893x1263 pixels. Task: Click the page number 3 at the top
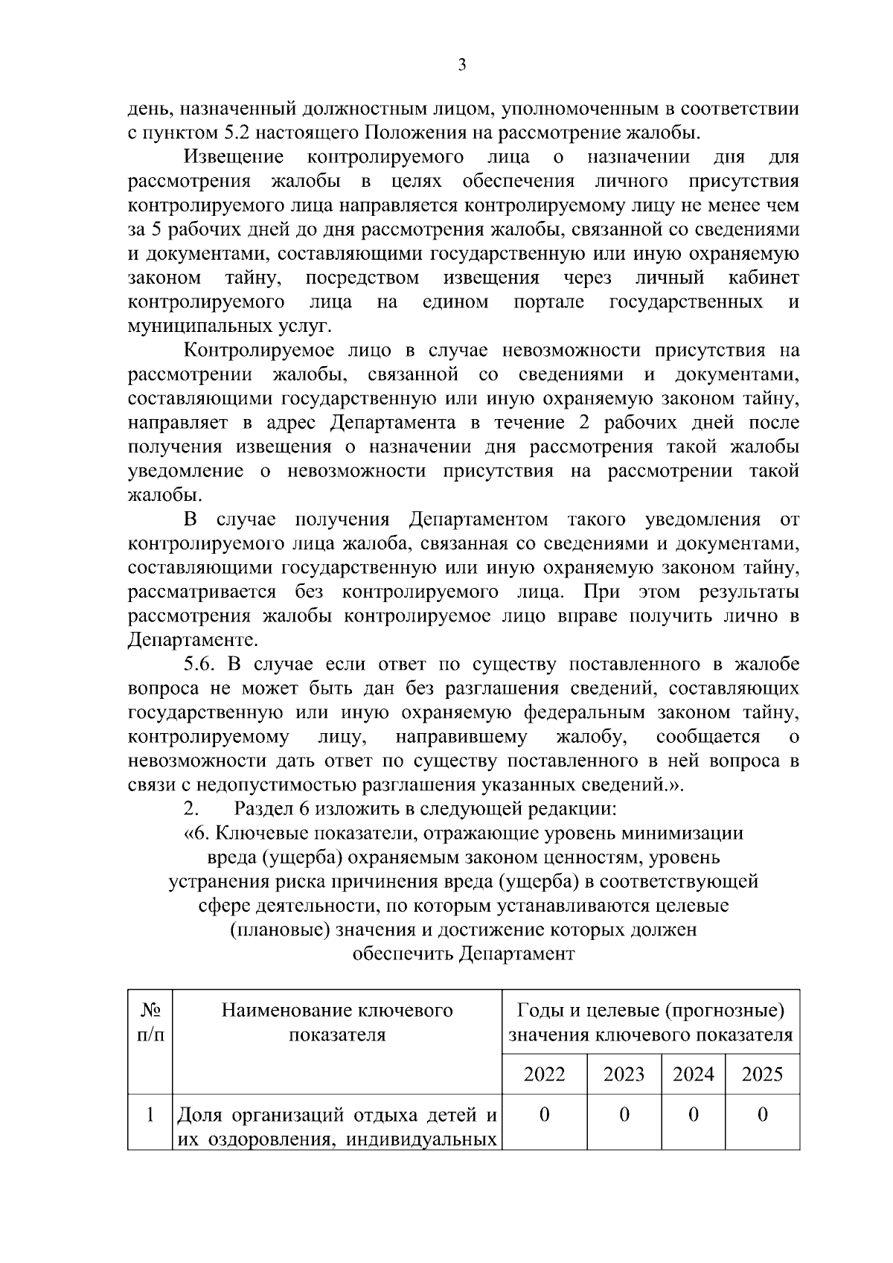click(x=462, y=65)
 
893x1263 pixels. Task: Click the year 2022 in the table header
click(x=544, y=1074)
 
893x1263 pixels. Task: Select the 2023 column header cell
click(x=624, y=1074)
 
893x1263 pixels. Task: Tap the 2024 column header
click(x=693, y=1074)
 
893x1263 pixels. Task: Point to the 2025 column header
click(x=762, y=1074)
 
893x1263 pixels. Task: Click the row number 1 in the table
click(x=150, y=1115)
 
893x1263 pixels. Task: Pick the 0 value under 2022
click(x=544, y=1115)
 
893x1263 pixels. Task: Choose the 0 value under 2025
click(x=762, y=1115)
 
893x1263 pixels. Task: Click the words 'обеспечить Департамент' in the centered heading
click(x=463, y=954)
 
